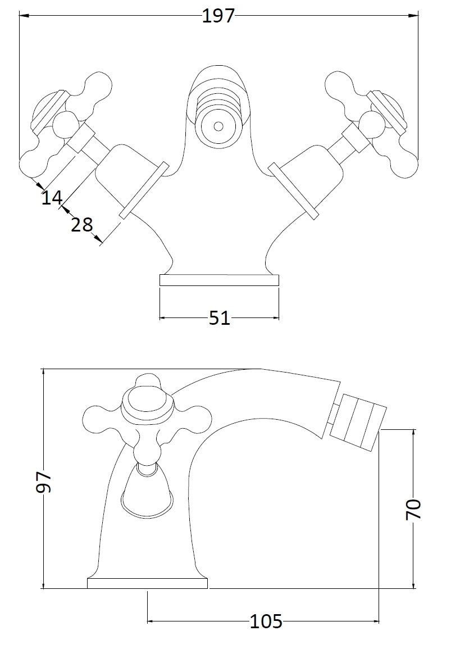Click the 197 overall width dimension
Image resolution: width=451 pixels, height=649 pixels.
pos(218,16)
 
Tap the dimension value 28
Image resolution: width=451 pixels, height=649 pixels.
pos(82,225)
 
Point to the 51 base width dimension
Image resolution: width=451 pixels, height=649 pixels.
pos(220,318)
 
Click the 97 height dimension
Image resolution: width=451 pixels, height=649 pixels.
pos(44,482)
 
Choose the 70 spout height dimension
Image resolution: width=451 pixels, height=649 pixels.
pos(413,509)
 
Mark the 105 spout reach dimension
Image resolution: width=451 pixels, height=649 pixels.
pos(266,621)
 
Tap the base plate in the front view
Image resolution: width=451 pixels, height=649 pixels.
pos(219,280)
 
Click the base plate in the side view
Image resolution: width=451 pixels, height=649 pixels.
pos(147,583)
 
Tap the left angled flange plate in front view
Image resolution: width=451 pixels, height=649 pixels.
pos(144,190)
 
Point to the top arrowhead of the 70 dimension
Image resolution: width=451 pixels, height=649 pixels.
pos(413,433)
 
